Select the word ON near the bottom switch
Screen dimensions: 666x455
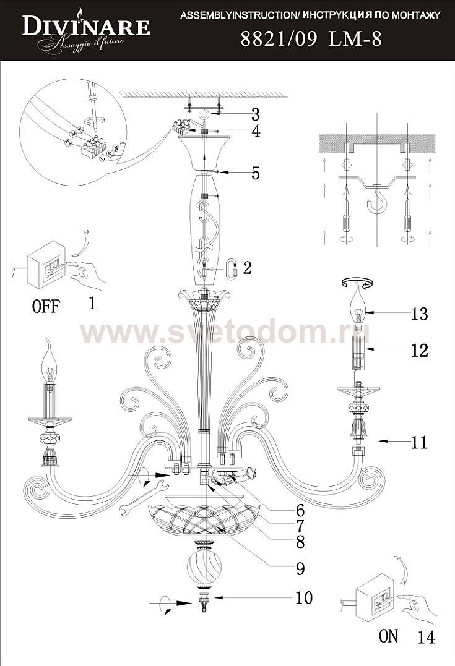tap(388, 636)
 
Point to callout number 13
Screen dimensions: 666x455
tap(419, 314)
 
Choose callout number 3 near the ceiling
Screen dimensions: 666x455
tap(255, 114)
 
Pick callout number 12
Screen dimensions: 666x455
tap(419, 351)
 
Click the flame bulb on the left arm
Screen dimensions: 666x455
tap(49, 362)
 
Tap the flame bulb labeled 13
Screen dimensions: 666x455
tap(358, 305)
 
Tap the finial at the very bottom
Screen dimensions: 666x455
tap(204, 602)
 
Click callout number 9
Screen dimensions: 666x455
tap(300, 567)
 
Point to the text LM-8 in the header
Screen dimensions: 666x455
tap(355, 40)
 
